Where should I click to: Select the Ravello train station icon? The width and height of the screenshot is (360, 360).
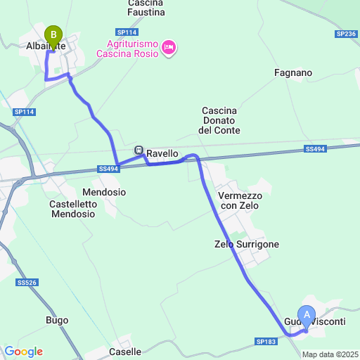coord(139,151)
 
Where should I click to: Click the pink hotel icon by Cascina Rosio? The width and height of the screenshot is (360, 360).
coord(168,48)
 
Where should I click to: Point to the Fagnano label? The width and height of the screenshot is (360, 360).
coord(293,72)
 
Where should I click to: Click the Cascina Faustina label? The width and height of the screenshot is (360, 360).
coord(146,8)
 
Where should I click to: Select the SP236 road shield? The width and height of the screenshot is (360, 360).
coord(346,34)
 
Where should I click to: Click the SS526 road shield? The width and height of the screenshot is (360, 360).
coord(27,283)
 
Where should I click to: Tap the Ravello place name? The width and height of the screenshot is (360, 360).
coord(162,153)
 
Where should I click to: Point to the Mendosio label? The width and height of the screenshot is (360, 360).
coord(104,192)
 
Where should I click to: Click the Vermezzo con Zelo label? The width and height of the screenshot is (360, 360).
coord(239,200)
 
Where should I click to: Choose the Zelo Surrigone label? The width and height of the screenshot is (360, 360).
coord(247,245)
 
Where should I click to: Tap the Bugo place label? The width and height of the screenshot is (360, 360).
coord(57,321)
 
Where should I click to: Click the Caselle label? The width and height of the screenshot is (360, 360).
coord(125,352)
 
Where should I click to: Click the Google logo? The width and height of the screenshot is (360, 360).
coord(23,352)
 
